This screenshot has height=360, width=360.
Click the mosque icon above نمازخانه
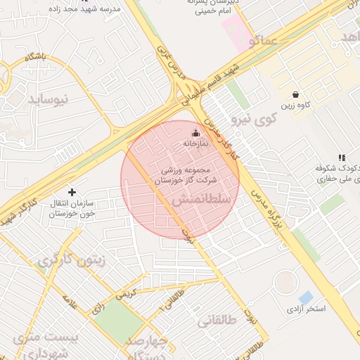[195, 133]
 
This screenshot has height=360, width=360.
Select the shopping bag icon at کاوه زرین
[295, 94]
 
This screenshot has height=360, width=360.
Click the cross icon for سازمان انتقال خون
[72, 191]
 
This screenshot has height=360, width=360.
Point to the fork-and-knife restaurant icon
[342, 158]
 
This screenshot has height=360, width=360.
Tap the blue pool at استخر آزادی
[306, 297]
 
